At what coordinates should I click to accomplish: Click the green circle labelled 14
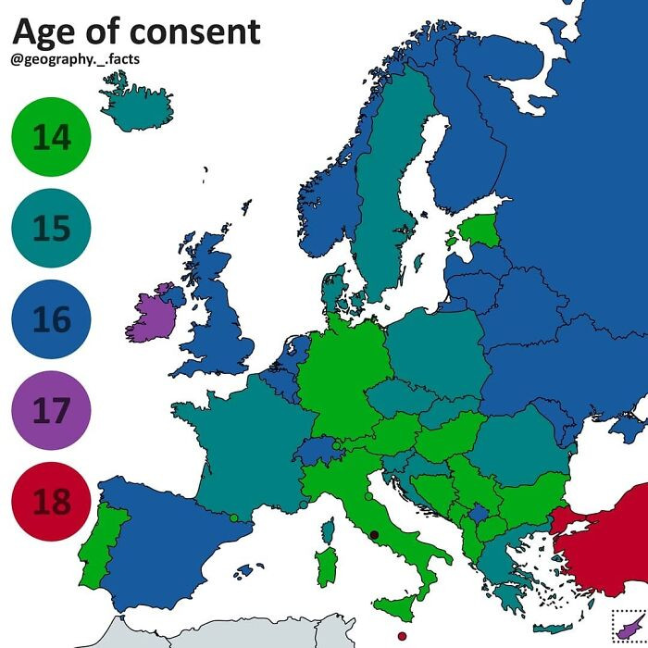(x=52, y=138)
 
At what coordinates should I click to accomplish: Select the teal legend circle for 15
(x=52, y=228)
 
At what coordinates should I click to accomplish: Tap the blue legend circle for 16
(x=52, y=319)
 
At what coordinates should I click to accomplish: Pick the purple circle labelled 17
(x=52, y=410)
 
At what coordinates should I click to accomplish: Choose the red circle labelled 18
(x=52, y=501)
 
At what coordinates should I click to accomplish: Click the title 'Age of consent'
(x=136, y=32)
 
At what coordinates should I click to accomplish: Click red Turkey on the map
(x=602, y=555)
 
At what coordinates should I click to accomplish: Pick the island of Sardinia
(x=326, y=567)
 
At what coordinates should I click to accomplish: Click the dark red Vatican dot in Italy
(x=374, y=534)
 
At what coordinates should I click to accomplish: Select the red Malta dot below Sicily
(x=401, y=636)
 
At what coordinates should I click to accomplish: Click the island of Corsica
(x=328, y=530)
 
